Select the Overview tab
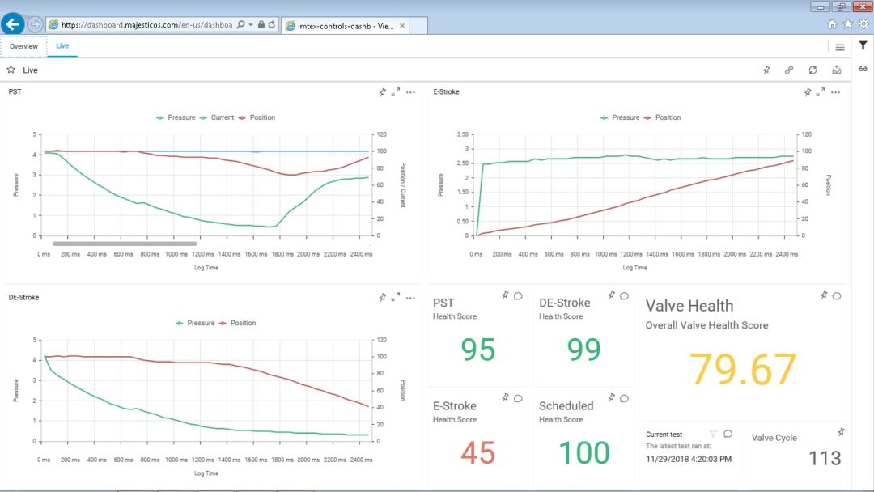point(23,46)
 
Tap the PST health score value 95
point(477,350)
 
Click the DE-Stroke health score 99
point(583,350)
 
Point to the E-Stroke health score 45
point(477,453)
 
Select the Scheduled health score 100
point(583,453)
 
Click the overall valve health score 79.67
point(743,370)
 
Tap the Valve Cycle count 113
point(824,459)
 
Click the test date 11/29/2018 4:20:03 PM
point(689,459)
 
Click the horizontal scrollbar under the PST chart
point(125,243)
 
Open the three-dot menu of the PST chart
point(410,92)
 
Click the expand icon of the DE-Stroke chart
point(396,298)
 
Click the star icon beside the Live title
point(11,70)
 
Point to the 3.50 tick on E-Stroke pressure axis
point(462,134)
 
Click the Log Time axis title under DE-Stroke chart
point(206,473)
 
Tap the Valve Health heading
point(689,306)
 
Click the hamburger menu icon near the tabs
point(840,47)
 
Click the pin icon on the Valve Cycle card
point(842,432)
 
